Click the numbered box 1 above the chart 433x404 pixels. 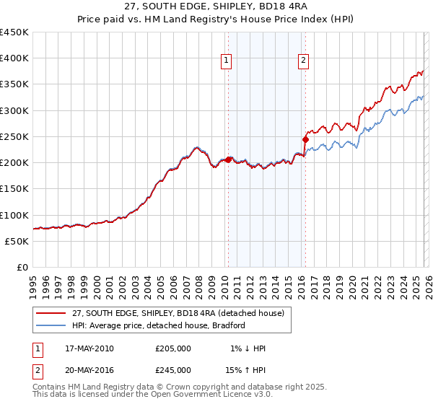pos(227,61)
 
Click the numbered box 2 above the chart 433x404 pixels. pos(304,61)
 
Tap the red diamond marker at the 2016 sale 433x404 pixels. pos(305,139)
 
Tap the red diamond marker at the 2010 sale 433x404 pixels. pos(228,159)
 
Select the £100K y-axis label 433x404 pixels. pos(14,215)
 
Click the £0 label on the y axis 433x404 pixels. pos(22,267)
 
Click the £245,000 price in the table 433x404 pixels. pos(173,369)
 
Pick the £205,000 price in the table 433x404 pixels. pos(173,348)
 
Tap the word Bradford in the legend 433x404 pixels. pos(228,325)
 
